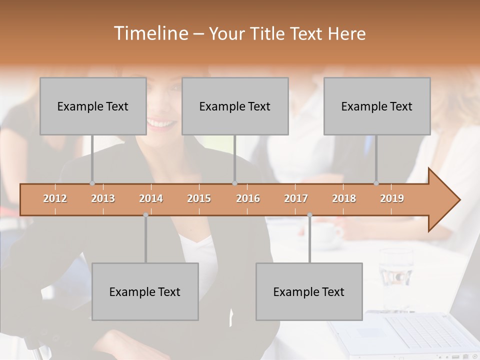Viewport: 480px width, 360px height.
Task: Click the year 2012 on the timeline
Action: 55,198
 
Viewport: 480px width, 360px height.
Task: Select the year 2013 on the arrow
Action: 103,198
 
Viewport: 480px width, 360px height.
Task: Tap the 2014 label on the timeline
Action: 151,198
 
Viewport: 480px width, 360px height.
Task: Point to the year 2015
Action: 199,198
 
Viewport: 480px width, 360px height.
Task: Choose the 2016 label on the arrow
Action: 248,198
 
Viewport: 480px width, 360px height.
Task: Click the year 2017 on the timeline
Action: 296,198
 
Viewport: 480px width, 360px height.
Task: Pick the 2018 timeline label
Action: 344,198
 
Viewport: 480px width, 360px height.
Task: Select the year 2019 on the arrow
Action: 392,198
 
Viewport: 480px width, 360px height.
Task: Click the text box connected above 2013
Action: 93,106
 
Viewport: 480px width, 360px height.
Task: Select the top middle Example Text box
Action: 235,106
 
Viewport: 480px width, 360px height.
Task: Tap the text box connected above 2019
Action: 377,106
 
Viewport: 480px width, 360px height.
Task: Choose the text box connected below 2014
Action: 145,291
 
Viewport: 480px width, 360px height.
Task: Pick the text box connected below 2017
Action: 309,291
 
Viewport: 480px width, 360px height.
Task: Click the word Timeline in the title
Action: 150,33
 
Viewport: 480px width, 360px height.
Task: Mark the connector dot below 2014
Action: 145,215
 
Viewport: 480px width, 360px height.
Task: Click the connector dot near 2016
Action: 234,183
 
